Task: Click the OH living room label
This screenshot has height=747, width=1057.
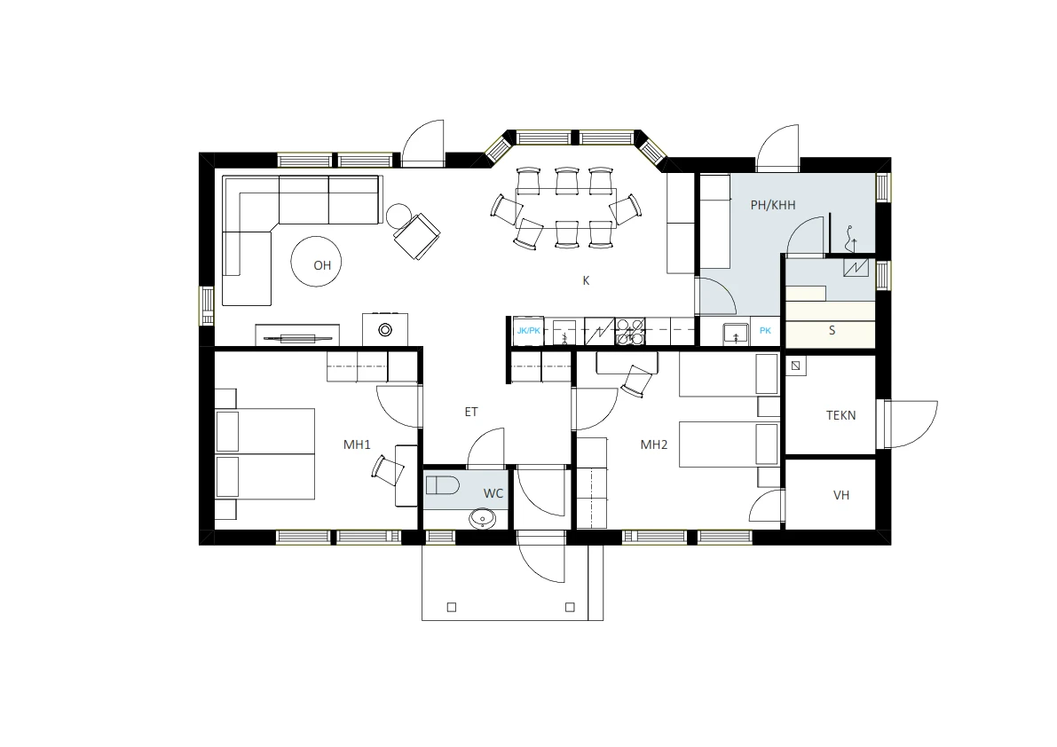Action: click(322, 265)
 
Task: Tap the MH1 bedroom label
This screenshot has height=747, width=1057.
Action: click(358, 444)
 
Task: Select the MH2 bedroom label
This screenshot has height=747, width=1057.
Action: click(654, 444)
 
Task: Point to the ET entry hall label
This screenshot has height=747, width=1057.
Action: click(471, 412)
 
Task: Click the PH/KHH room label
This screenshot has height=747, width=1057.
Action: click(773, 205)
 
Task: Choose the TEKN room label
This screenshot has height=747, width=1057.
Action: click(841, 415)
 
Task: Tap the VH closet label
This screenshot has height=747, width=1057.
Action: click(841, 496)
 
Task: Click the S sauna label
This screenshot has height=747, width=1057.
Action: click(832, 331)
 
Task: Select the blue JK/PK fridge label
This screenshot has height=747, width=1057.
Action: click(529, 331)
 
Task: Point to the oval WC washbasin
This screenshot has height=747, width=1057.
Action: click(483, 519)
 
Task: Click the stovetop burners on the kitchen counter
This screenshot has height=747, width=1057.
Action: click(630, 332)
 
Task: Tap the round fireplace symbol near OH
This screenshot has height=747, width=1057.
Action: click(385, 330)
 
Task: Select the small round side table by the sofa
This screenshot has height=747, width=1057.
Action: click(398, 216)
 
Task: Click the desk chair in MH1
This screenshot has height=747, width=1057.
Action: click(388, 469)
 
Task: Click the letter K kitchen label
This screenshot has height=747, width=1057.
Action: click(586, 281)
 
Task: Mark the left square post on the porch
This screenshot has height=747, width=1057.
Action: click(452, 607)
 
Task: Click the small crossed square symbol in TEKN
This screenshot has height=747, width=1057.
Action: click(796, 366)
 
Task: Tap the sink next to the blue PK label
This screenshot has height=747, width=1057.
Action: click(736, 333)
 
